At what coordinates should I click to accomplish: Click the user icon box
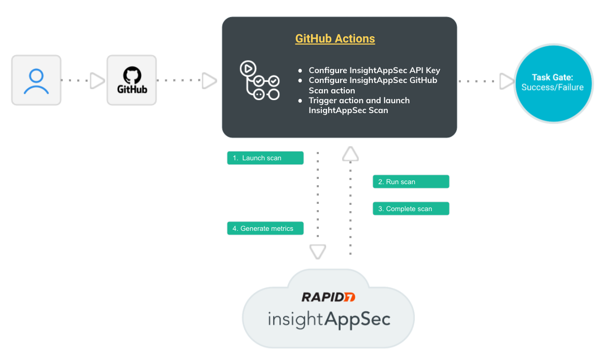pos(36,80)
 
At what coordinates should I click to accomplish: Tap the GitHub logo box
pos(132,80)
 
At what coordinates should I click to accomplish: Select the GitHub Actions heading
pos(335,39)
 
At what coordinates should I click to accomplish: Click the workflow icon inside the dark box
pos(259,80)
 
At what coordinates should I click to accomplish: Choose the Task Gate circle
pos(553,83)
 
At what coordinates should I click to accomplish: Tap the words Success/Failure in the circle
pos(553,87)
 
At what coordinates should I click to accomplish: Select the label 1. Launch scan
pos(265,158)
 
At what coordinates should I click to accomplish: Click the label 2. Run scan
pos(411,182)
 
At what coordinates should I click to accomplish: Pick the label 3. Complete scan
pos(411,209)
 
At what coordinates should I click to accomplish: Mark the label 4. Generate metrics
pos(265,229)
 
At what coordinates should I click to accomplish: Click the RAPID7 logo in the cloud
pos(329,297)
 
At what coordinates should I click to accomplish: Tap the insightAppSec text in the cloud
pos(329,319)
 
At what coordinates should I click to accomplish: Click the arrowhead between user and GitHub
pos(97,80)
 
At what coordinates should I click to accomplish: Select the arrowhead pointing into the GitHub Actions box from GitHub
pos(209,80)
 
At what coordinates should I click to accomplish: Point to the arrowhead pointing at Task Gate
pos(505,81)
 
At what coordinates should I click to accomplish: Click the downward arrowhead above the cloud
pos(317,252)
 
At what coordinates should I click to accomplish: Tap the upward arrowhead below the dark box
pos(350,154)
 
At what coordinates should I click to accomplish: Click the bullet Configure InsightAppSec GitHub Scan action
pos(373,86)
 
